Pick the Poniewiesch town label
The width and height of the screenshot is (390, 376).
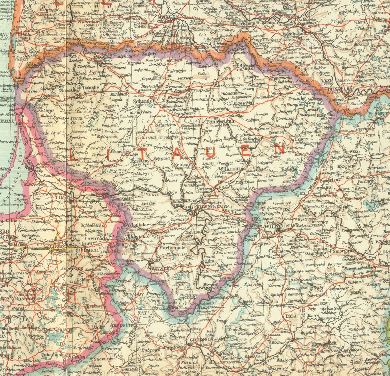click(220, 122)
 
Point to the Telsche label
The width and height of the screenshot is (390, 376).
click(91, 87)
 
